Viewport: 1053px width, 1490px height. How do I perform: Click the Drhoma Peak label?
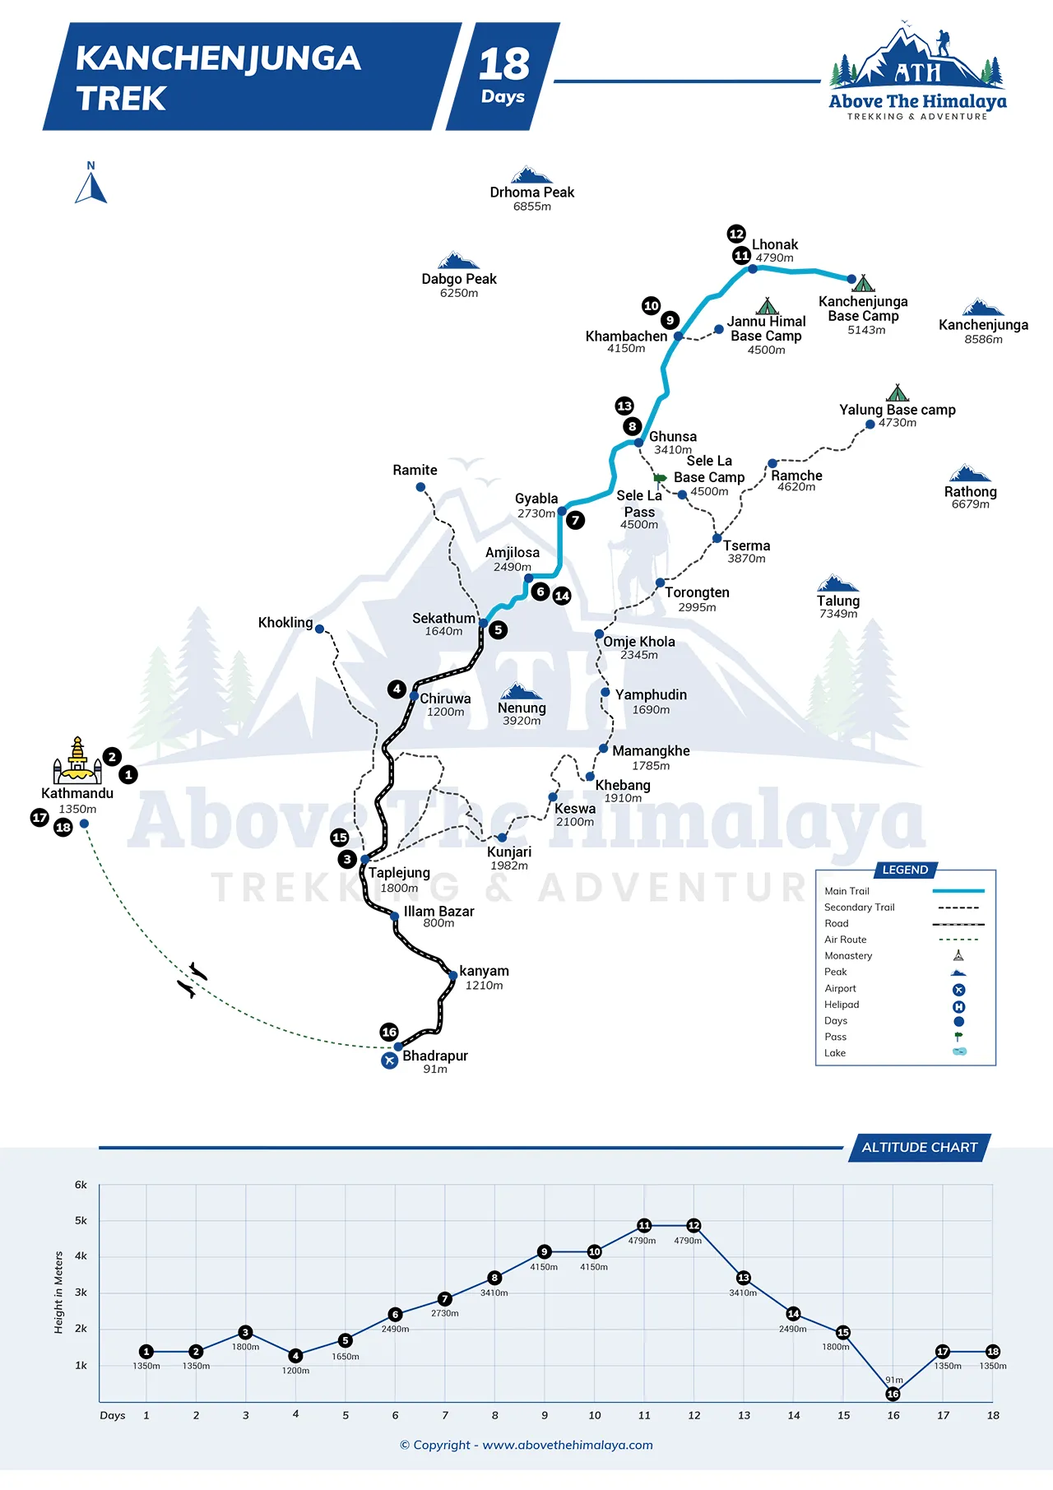click(x=532, y=193)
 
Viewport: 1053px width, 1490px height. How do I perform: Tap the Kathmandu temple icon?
click(x=77, y=760)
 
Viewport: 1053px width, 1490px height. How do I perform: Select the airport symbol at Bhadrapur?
click(x=390, y=1061)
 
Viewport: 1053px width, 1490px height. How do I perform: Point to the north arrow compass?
click(x=91, y=183)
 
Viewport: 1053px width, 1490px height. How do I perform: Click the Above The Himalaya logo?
click(x=917, y=72)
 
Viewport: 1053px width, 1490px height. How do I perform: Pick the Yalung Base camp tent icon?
click(x=898, y=392)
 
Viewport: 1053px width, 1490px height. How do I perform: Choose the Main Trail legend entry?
click(x=904, y=891)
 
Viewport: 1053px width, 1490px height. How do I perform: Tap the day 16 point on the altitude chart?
click(x=893, y=1394)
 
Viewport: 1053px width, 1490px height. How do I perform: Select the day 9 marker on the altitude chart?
click(x=544, y=1252)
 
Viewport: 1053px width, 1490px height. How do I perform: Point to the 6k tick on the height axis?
click(x=81, y=1185)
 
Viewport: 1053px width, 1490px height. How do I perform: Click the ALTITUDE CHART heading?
click(x=920, y=1148)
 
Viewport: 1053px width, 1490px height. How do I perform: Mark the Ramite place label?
click(x=415, y=471)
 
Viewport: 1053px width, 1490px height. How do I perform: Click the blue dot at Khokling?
click(x=320, y=629)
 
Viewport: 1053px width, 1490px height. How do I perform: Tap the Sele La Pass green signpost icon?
click(x=660, y=478)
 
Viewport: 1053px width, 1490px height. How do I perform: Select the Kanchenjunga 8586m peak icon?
click(x=983, y=308)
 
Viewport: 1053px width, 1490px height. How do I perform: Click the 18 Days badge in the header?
click(x=503, y=77)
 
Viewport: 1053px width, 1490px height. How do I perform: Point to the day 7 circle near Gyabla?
click(x=576, y=520)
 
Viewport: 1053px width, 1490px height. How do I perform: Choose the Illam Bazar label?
click(x=438, y=912)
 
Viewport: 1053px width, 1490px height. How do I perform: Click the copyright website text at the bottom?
click(x=526, y=1446)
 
